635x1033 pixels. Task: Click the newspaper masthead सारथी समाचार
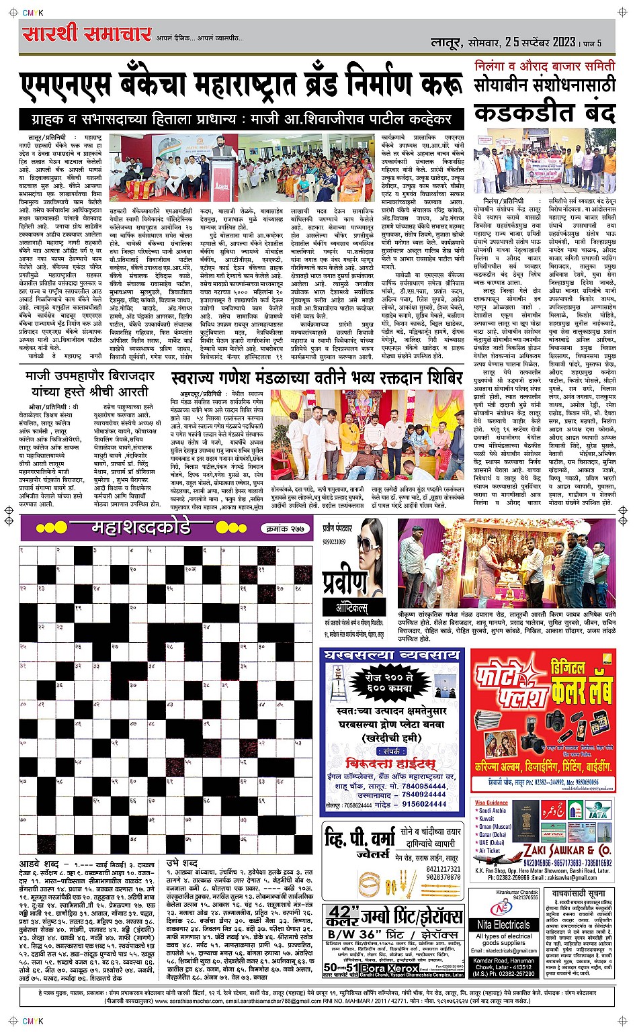86,35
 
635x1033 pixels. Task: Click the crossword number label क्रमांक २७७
286,529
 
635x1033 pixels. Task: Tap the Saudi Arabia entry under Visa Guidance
493,811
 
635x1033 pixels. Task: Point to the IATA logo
597,813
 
